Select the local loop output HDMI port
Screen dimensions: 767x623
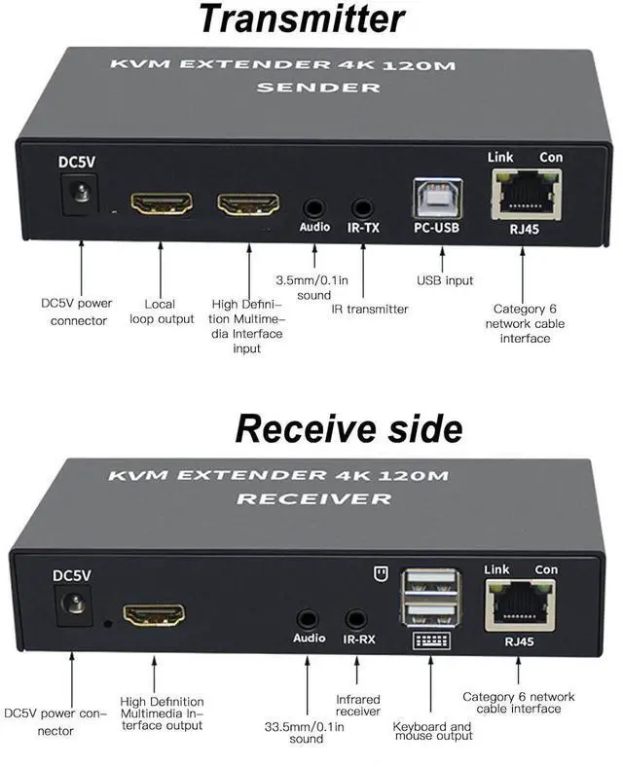click(162, 204)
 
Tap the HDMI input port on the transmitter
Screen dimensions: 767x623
click(246, 204)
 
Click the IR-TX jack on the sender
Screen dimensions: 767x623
click(363, 207)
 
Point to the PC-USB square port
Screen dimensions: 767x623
click(436, 198)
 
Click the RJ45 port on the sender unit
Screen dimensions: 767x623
click(526, 195)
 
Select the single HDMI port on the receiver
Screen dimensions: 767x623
click(154, 615)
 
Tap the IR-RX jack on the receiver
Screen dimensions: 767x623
click(356, 618)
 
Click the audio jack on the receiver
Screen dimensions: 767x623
click(309, 618)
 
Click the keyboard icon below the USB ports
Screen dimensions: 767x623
click(431, 642)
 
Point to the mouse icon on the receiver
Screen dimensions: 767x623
click(382, 572)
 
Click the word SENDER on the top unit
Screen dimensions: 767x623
click(313, 88)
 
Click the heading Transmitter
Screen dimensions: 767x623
click(302, 19)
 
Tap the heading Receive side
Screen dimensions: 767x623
click(348, 428)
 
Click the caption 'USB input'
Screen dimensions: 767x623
click(445, 280)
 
